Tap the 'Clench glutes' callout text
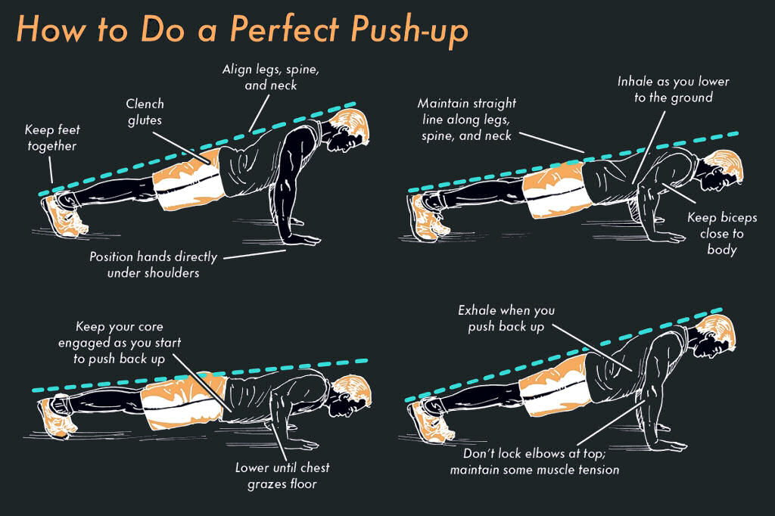pyautogui.click(x=145, y=112)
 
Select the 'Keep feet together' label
pyautogui.click(x=52, y=138)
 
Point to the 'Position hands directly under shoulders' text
pyautogui.click(x=153, y=264)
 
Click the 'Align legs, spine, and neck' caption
pyautogui.click(x=271, y=77)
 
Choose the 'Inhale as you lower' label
pyautogui.click(x=673, y=81)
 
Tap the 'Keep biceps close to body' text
pyautogui.click(x=722, y=233)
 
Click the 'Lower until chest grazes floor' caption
pyautogui.click(x=282, y=475)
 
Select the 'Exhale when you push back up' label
pyautogui.click(x=506, y=319)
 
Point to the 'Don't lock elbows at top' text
pyautogui.click(x=534, y=453)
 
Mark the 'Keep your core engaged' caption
pyautogui.click(x=120, y=334)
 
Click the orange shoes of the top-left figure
pyautogui.click(x=64, y=216)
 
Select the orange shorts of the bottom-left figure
pyautogui.click(x=184, y=401)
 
